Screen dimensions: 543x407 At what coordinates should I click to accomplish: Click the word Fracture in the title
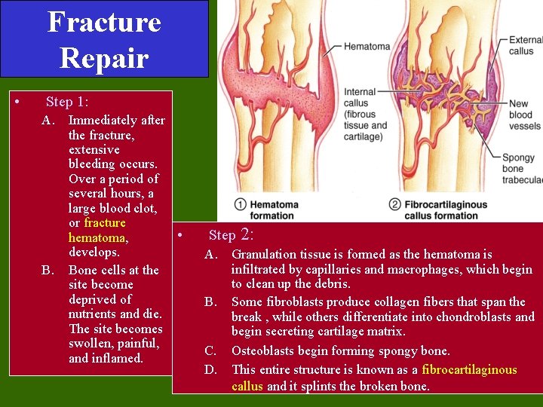click(x=104, y=22)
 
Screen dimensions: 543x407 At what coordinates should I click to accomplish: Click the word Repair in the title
click(x=104, y=57)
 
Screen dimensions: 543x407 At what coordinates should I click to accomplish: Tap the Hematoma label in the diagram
click(x=367, y=47)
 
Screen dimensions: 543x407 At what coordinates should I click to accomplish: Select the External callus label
click(x=525, y=45)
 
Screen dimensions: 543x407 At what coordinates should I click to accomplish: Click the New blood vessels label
click(x=525, y=115)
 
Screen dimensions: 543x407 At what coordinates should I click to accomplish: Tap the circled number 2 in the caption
click(x=394, y=205)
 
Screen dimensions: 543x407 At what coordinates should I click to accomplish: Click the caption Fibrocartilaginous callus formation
click(x=446, y=210)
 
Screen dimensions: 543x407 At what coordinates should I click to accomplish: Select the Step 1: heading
click(x=67, y=102)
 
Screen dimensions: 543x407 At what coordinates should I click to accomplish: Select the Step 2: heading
click(x=232, y=235)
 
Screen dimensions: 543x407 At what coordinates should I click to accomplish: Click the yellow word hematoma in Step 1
click(x=97, y=237)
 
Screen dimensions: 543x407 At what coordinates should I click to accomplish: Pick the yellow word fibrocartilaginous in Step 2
click(x=469, y=369)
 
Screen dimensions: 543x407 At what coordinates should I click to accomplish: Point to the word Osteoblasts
click(x=264, y=350)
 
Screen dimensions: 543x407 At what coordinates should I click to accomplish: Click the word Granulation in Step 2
click(x=264, y=254)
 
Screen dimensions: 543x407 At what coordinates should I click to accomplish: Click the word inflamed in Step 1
click(x=118, y=358)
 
